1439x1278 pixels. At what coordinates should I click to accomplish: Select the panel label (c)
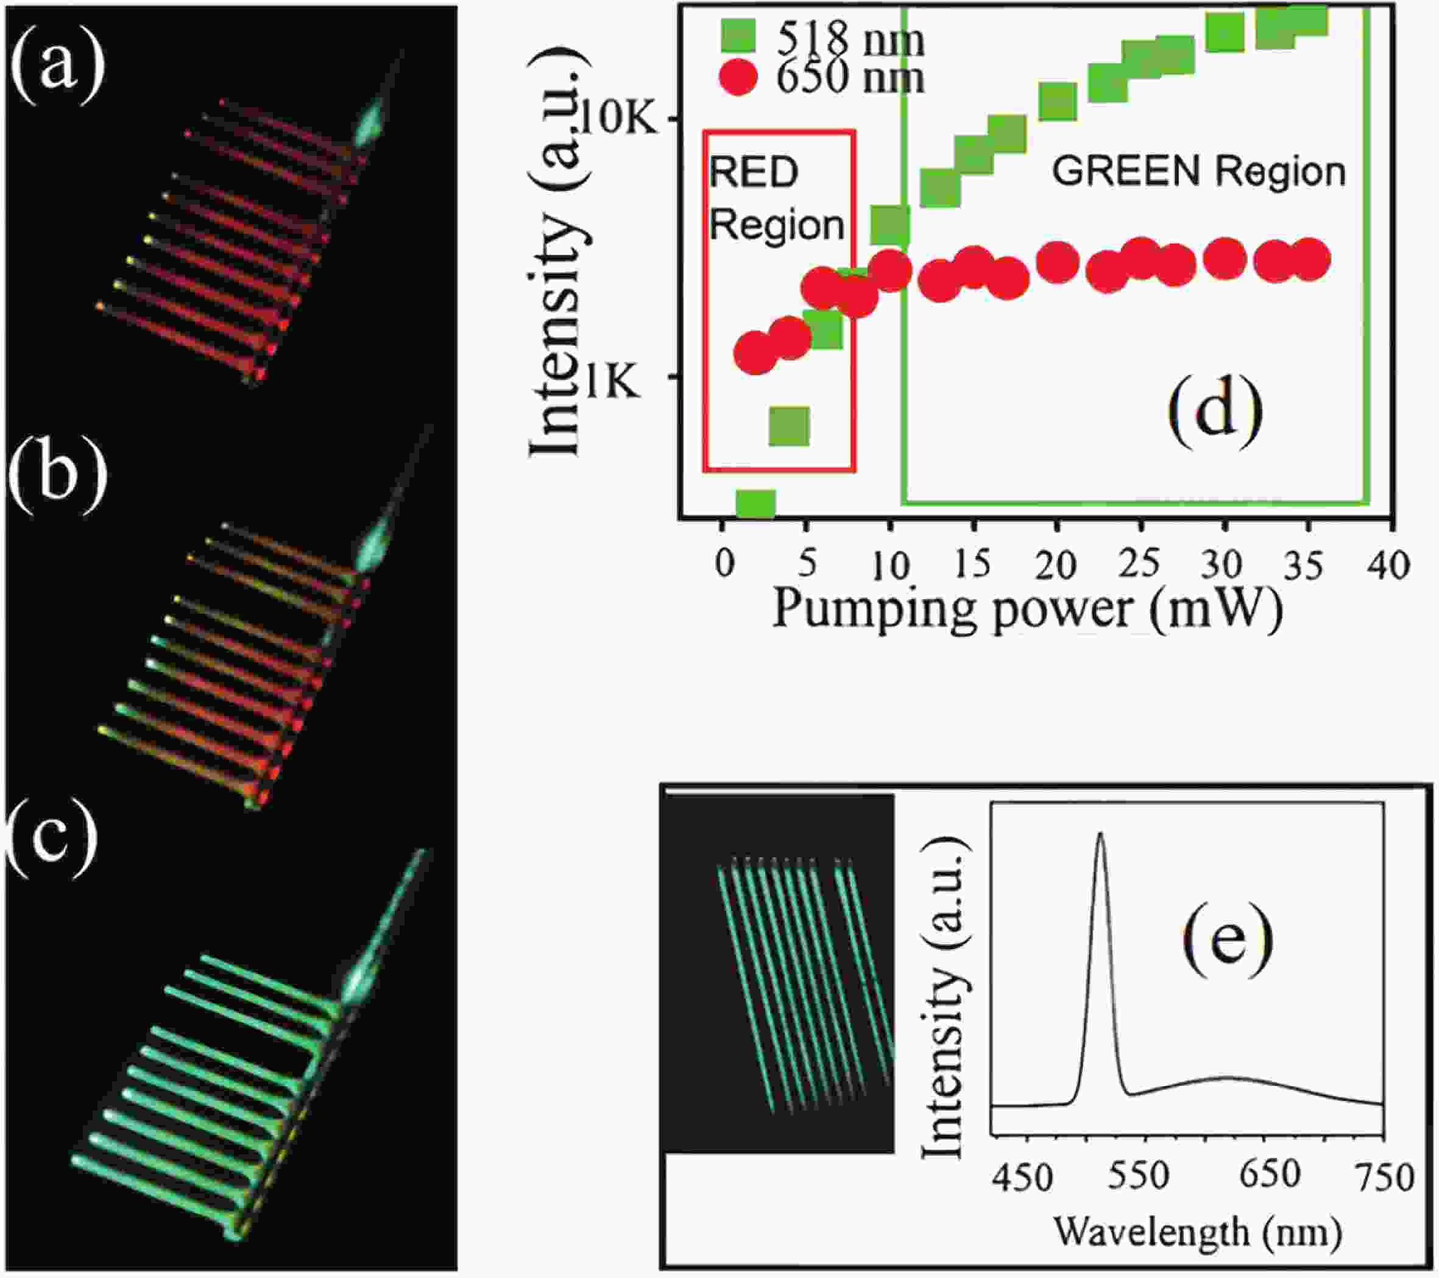pyautogui.click(x=52, y=840)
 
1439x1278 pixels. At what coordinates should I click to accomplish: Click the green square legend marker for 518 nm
pyautogui.click(x=738, y=36)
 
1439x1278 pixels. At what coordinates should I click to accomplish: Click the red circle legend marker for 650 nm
pyautogui.click(x=738, y=77)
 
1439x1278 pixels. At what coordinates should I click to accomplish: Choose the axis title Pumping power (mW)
pyautogui.click(x=1027, y=609)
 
